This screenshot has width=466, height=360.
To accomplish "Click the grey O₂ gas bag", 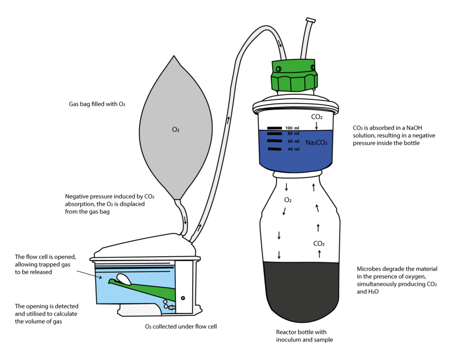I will tap(175, 130).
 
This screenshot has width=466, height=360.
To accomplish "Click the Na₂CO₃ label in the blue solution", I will tap(316, 142).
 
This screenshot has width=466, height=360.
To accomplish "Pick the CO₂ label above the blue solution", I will tap(317, 117).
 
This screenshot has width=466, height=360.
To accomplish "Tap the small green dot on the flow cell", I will tap(182, 298).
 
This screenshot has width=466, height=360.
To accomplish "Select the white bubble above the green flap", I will tap(124, 277).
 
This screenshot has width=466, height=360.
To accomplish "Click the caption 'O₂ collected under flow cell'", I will tap(174, 326).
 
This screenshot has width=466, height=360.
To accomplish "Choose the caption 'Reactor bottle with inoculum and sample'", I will tap(301, 336).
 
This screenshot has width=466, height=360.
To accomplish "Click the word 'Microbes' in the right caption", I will tap(368, 269).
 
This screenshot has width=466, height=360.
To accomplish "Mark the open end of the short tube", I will tap(311, 20).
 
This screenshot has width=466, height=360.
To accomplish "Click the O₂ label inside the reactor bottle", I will tap(288, 200).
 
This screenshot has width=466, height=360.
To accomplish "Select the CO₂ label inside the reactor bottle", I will tap(319, 243).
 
